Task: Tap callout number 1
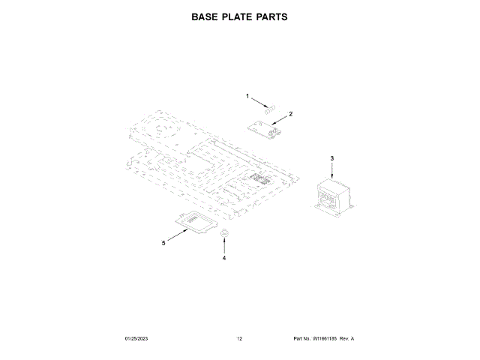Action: [247, 96]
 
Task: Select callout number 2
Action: [290, 113]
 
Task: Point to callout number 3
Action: [332, 158]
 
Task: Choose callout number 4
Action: [223, 257]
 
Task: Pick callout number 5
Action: [163, 242]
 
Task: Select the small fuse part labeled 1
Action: [275, 109]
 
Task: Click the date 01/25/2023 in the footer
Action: [137, 339]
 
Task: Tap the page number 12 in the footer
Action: [240, 339]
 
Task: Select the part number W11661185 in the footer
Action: [325, 339]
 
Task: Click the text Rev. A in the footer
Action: [346, 339]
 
